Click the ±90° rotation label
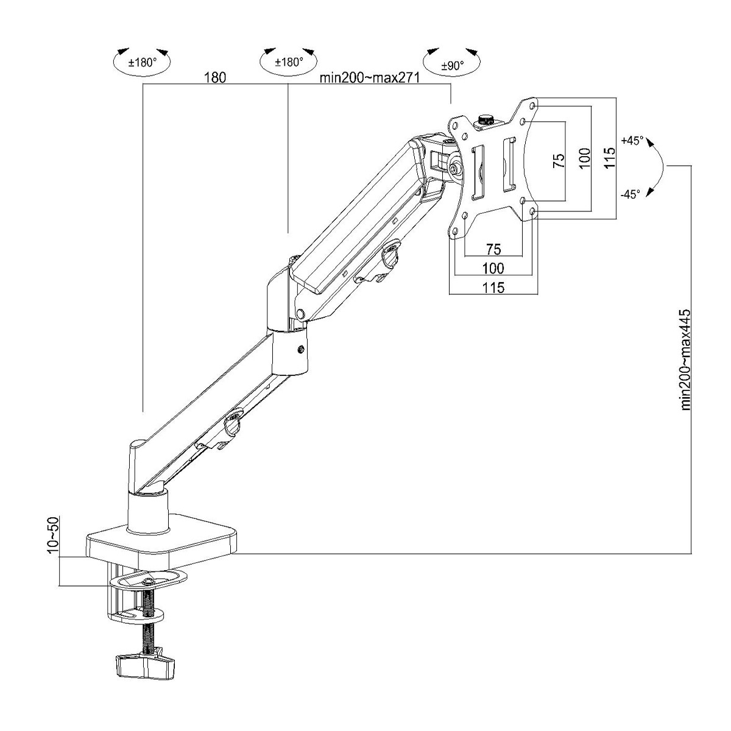pyautogui.click(x=452, y=66)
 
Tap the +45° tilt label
pyautogui.click(x=632, y=140)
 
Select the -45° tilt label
pyautogui.click(x=630, y=194)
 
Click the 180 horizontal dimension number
pyautogui.click(x=215, y=77)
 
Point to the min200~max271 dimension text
pyautogui.click(x=370, y=77)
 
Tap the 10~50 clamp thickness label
pyautogui.click(x=54, y=535)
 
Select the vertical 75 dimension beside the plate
pyautogui.click(x=559, y=161)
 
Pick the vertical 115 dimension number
pyautogui.click(x=609, y=158)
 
